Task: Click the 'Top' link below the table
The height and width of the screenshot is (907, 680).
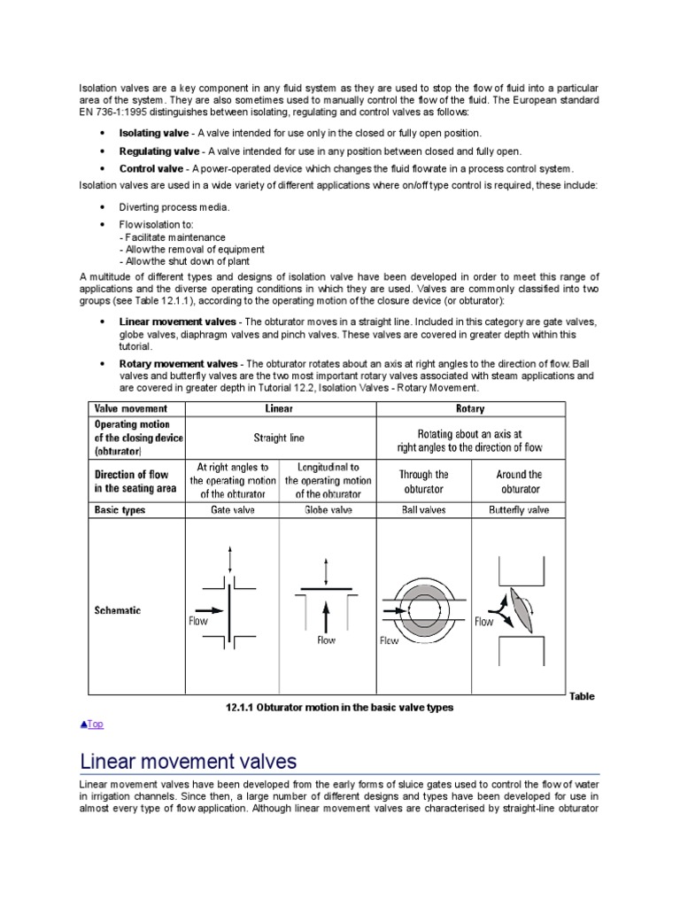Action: pyautogui.click(x=92, y=724)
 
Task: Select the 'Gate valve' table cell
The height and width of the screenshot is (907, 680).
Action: pyautogui.click(x=232, y=510)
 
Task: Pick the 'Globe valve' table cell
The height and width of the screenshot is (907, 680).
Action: pyautogui.click(x=327, y=510)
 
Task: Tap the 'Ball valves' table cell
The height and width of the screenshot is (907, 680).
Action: pyautogui.click(x=425, y=510)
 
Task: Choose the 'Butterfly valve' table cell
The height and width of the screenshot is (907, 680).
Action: pyautogui.click(x=519, y=510)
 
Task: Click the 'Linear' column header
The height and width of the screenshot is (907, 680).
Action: pyautogui.click(x=279, y=409)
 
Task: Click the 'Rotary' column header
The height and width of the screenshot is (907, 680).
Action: pyautogui.click(x=470, y=409)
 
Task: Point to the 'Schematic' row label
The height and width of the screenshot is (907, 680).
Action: pyautogui.click(x=118, y=611)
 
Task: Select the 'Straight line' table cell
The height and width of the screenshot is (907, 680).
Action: pyautogui.click(x=279, y=437)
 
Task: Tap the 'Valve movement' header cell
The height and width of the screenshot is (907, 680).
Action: pyautogui.click(x=132, y=409)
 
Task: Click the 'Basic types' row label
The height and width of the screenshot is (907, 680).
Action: pyautogui.click(x=122, y=510)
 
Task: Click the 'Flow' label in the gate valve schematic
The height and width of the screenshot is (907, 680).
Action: pyautogui.click(x=198, y=622)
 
